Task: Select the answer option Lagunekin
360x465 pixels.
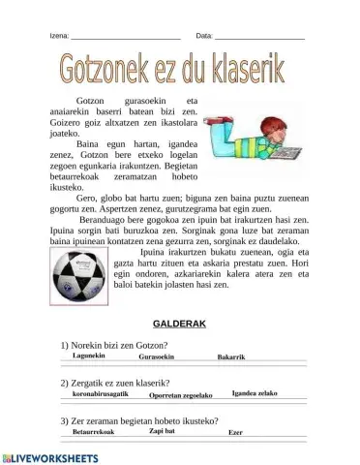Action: click(90, 356)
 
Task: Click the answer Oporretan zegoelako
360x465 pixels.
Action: click(181, 395)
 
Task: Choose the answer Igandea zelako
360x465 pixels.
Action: click(255, 392)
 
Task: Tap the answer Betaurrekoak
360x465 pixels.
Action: click(95, 433)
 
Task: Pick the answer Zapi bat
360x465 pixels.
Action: click(163, 431)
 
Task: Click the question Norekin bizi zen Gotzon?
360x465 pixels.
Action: click(114, 346)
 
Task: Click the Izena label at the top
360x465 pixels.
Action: click(59, 36)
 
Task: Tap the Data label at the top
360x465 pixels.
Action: click(204, 36)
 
